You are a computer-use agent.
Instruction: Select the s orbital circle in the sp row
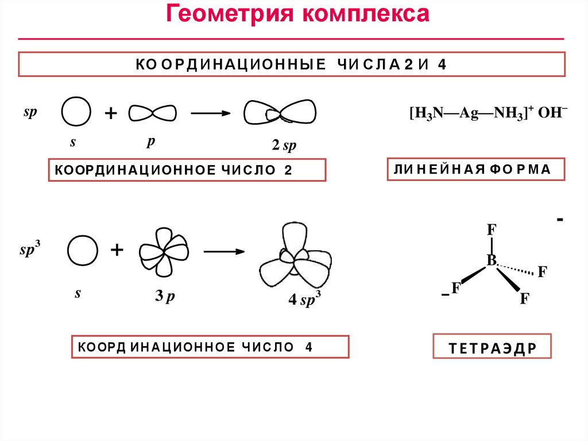click(x=76, y=112)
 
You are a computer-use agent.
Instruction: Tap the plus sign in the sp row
click(x=110, y=113)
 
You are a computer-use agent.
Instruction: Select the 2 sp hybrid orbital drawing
click(x=281, y=113)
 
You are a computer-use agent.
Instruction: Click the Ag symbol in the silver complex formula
click(x=473, y=113)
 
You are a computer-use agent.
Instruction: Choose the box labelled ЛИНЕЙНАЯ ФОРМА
click(x=475, y=169)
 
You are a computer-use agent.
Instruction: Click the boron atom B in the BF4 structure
click(x=492, y=261)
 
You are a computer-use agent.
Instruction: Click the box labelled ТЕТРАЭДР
click(x=492, y=348)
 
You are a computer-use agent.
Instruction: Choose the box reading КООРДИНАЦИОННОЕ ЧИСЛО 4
click(x=210, y=347)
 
